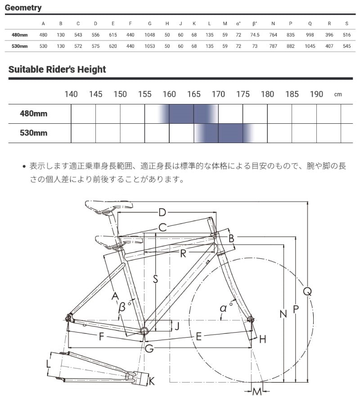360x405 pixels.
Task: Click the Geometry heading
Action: click(x=23, y=8)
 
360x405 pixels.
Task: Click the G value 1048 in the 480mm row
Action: click(x=149, y=35)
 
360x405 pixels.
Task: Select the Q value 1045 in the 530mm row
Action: click(x=310, y=46)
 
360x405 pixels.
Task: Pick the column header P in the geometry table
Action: click(x=291, y=23)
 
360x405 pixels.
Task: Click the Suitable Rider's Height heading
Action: click(x=57, y=69)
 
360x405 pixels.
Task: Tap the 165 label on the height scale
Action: click(x=194, y=94)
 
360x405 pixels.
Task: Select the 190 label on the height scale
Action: click(x=316, y=94)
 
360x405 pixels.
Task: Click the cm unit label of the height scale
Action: click(x=338, y=94)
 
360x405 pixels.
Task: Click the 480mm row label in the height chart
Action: click(x=33, y=113)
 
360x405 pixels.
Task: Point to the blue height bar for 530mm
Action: click(x=224, y=133)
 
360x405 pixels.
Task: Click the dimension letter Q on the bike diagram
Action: click(x=308, y=292)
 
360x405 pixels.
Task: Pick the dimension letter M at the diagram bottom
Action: click(x=257, y=391)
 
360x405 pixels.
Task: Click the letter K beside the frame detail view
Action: click(x=152, y=382)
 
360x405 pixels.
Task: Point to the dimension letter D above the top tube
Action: click(x=162, y=212)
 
